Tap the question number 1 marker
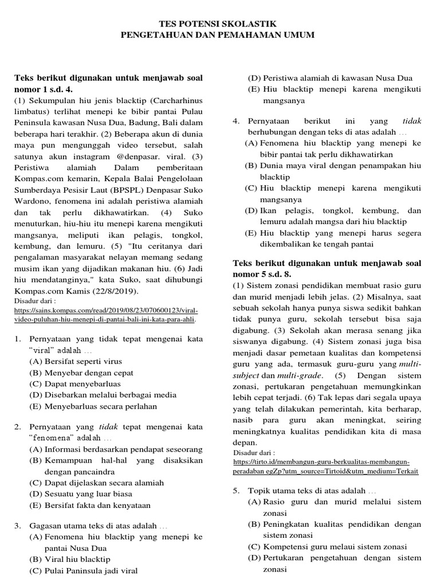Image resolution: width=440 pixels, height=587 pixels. (18, 339)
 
